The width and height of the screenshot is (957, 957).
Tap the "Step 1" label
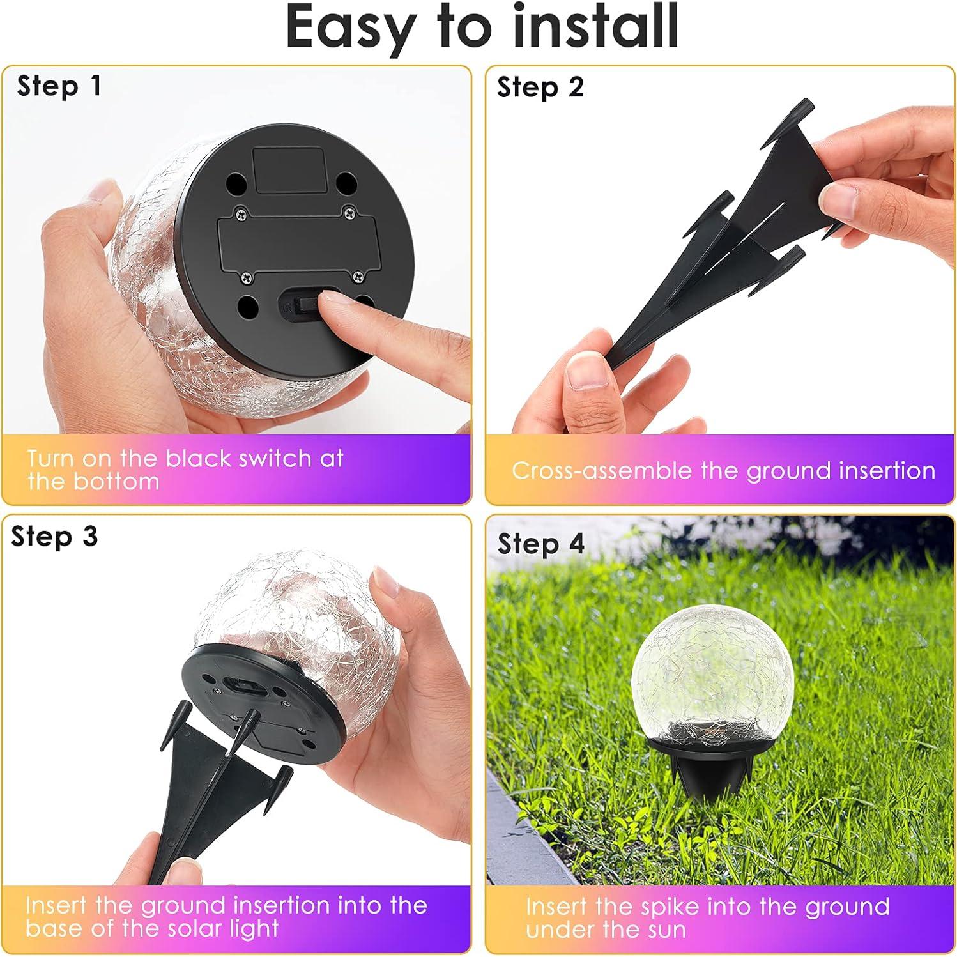tap(59, 86)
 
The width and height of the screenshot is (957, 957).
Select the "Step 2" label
tap(540, 88)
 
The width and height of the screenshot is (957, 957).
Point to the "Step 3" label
tap(54, 537)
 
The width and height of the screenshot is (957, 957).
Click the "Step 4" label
tap(540, 544)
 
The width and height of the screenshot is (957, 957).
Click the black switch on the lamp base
tap(300, 303)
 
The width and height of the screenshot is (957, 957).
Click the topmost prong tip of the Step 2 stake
tap(806, 104)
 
